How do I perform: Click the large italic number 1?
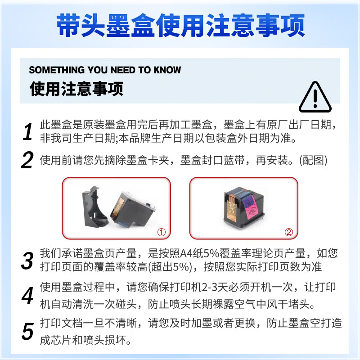click(x=28, y=131)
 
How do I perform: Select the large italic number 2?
click(x=27, y=160)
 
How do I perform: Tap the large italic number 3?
click(x=27, y=261)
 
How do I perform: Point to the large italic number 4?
click(x=28, y=296)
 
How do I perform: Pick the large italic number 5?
click(x=28, y=331)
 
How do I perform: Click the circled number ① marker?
click(x=162, y=232)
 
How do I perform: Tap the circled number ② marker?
click(x=289, y=232)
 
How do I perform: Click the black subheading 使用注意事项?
click(x=76, y=89)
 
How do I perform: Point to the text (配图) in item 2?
click(x=313, y=160)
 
